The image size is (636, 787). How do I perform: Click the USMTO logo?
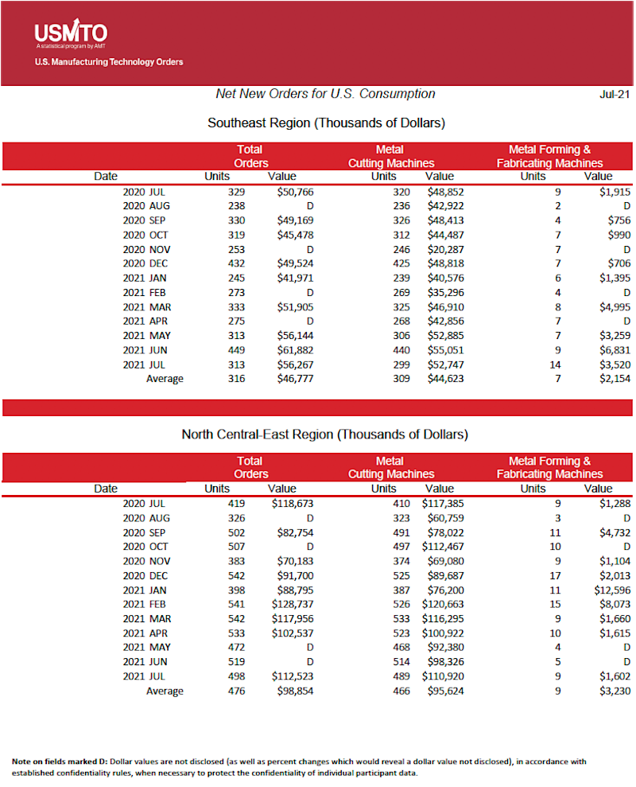[x=71, y=33]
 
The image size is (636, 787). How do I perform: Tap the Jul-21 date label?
[x=615, y=94]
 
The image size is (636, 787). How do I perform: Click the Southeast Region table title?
[x=326, y=123]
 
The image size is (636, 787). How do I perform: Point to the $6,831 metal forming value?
[x=615, y=350]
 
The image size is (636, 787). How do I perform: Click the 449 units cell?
[x=235, y=350]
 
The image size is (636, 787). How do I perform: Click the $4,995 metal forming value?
[x=615, y=307]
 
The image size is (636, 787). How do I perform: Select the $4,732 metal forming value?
[x=615, y=532]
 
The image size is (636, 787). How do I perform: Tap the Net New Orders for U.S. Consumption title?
[x=325, y=94]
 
